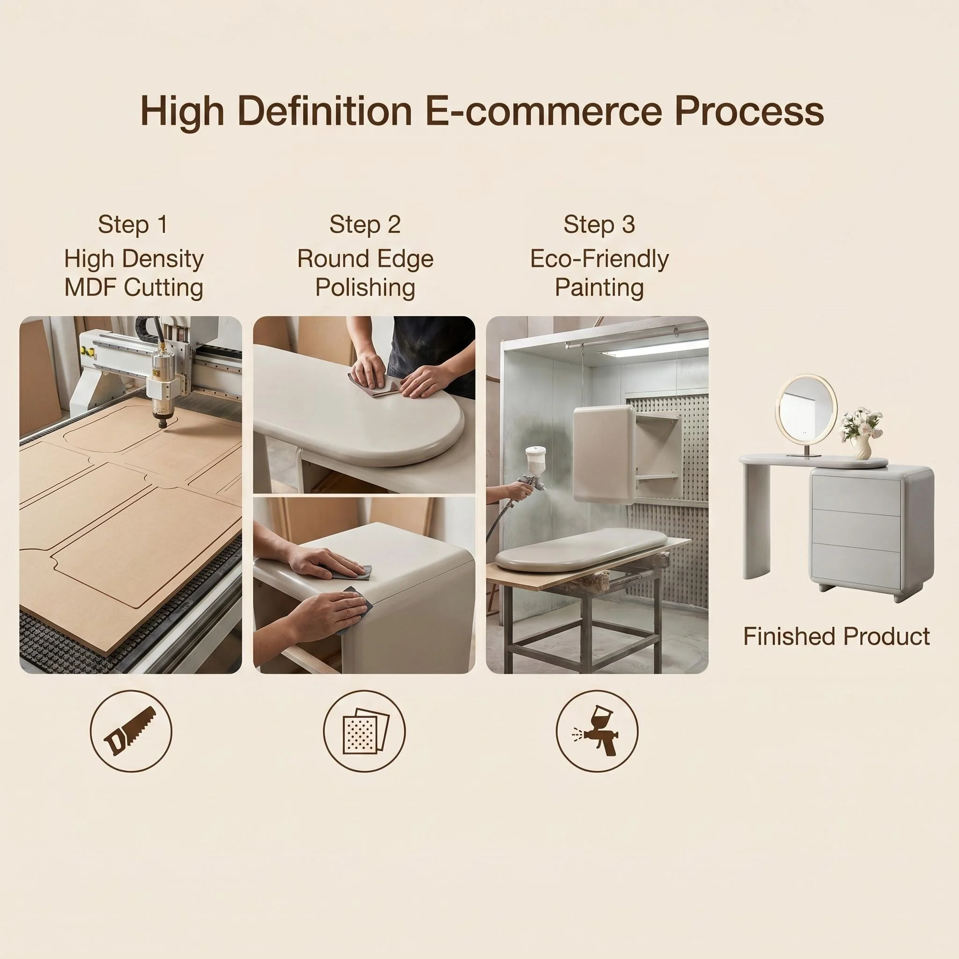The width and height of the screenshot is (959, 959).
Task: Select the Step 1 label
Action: pos(133,224)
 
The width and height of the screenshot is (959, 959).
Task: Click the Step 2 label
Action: pos(365,224)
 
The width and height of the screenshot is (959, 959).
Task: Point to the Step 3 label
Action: pos(599,224)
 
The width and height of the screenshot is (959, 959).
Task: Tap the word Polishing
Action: pos(365,288)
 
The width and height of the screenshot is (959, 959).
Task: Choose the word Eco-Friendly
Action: pos(599,258)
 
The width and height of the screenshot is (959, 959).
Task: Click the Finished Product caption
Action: pos(836,636)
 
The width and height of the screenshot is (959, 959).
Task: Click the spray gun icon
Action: pos(598,730)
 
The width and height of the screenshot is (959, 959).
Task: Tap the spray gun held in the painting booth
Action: pos(531,472)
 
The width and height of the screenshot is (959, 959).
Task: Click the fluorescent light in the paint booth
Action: pos(654,347)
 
